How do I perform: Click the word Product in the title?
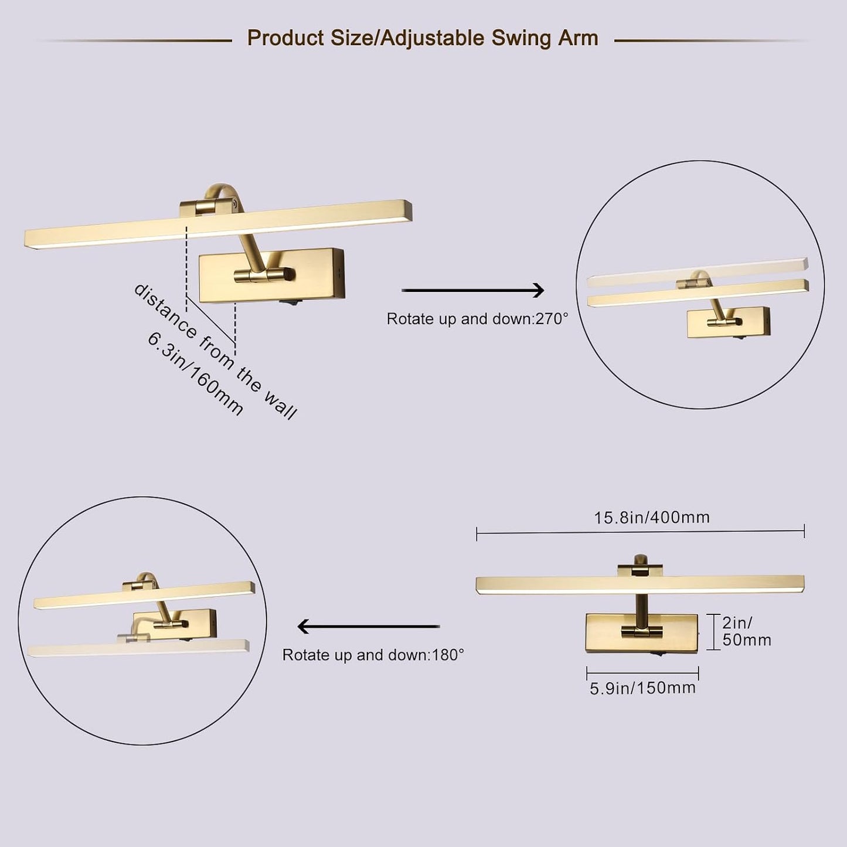[285, 38]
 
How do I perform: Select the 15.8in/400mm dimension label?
[652, 518]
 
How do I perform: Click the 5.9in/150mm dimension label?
[642, 688]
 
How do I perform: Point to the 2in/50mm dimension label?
[747, 631]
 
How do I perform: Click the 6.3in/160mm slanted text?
[196, 373]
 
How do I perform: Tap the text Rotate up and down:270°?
[477, 319]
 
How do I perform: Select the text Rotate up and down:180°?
[373, 655]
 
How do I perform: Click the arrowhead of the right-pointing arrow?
[539, 290]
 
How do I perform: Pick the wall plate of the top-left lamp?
[271, 276]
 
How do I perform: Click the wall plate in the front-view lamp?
[642, 633]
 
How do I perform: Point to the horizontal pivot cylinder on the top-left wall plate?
[264, 275]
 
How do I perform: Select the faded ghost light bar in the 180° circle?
[138, 648]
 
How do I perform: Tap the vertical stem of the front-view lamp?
[641, 611]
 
